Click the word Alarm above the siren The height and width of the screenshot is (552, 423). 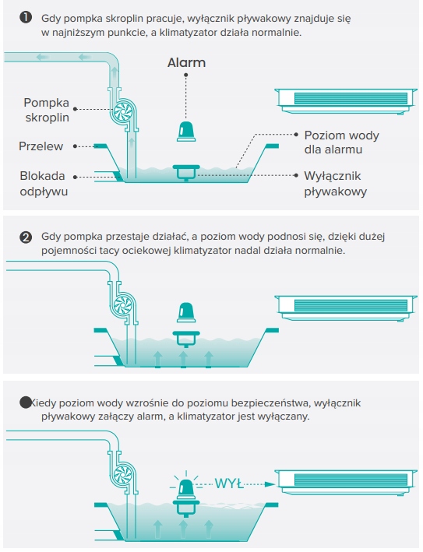pos(186,62)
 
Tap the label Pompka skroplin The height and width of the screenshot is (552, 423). pos(47,110)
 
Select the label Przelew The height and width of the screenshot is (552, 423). pos(41,146)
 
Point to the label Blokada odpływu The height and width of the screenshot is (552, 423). pos(44,184)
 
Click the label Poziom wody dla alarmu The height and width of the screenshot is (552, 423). pos(342,142)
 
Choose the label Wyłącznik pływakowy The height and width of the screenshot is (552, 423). pos(335,184)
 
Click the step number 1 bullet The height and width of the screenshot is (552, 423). pos(26,18)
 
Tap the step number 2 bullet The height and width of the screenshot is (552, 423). pos(26,237)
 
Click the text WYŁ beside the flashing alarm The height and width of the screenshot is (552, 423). pos(229,483)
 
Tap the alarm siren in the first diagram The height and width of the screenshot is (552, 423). pos(186,132)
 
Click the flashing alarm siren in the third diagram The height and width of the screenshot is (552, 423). pos(186,489)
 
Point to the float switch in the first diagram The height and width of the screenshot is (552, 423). pos(186,173)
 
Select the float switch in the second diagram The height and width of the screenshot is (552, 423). pos(186,339)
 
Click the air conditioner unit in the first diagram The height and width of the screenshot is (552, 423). pos(346,101)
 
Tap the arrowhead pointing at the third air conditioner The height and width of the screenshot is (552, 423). pos(270,484)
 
